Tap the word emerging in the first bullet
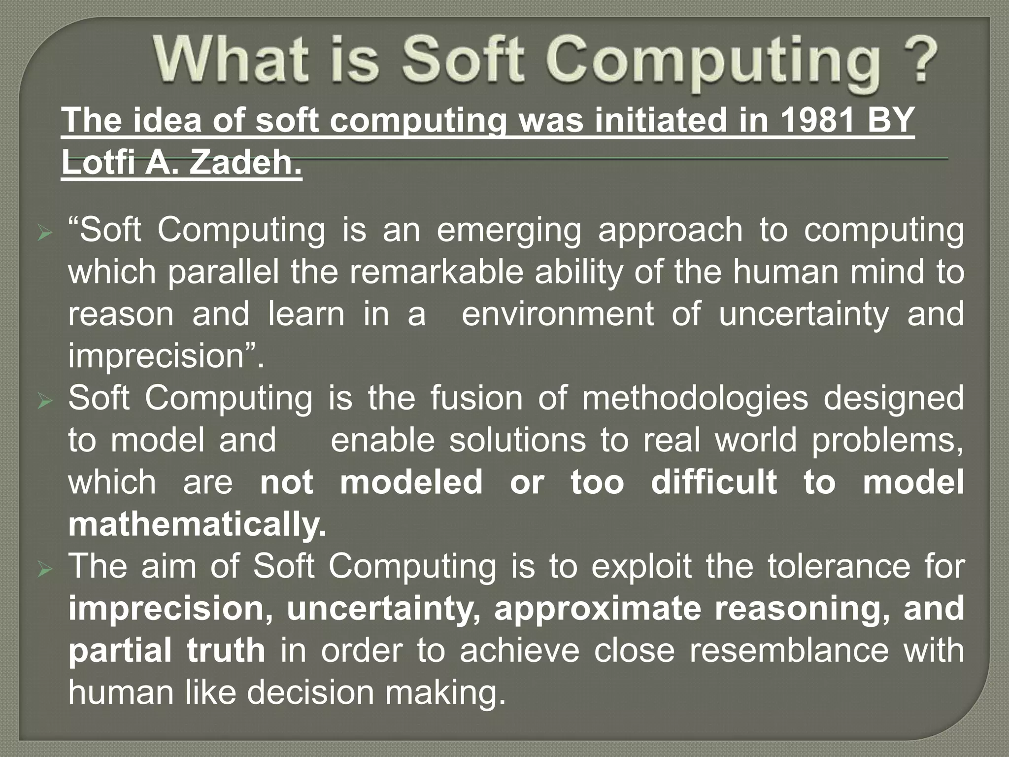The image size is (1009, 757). point(508,231)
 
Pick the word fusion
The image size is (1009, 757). point(476,398)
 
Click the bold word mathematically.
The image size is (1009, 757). point(197,524)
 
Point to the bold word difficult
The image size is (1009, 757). point(714,482)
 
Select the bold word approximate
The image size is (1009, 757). point(597,609)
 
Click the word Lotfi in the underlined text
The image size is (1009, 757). point(97,163)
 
